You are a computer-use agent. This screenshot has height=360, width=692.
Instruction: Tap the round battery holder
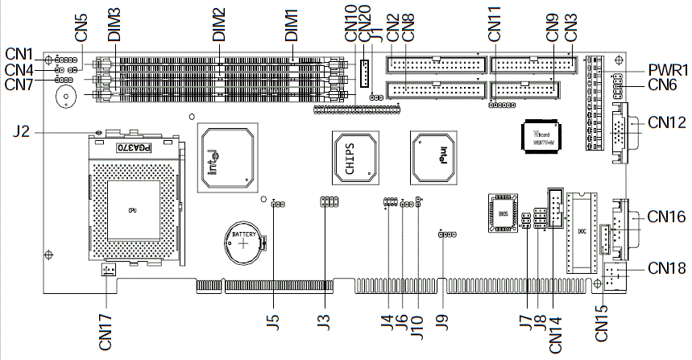point(243,242)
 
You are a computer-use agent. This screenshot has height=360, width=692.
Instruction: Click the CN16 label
point(665,216)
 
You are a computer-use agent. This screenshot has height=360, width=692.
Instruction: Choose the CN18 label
point(665,267)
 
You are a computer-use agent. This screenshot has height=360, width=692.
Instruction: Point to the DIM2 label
point(218,27)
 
